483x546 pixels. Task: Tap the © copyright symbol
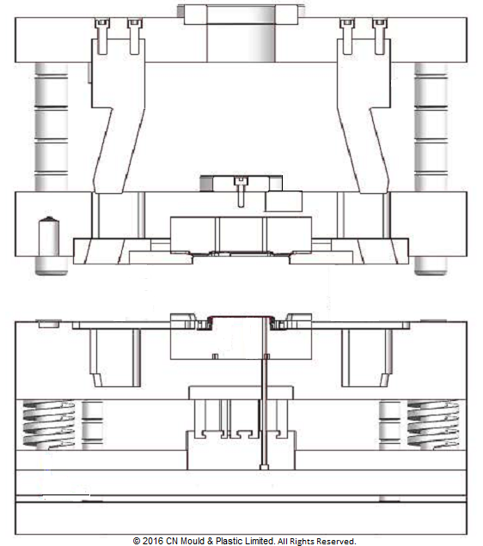(x=138, y=541)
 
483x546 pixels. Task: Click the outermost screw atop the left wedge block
(x=101, y=33)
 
